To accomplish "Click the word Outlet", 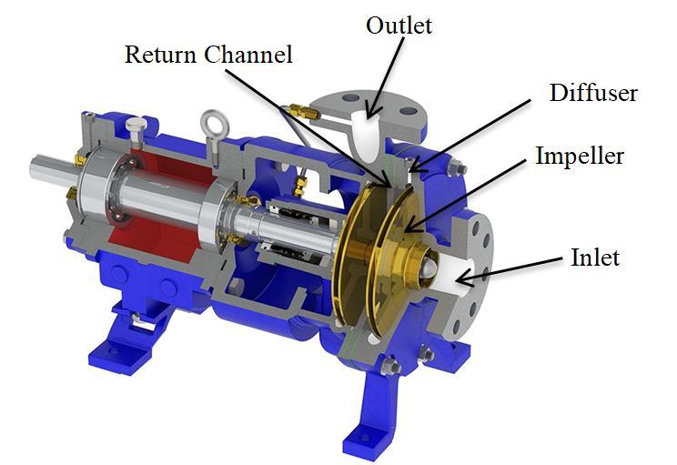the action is click(x=399, y=25).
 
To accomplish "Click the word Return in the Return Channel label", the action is click(x=161, y=55).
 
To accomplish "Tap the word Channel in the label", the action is click(x=248, y=55).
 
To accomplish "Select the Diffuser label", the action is click(x=593, y=93).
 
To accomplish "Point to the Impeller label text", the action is click(x=580, y=156).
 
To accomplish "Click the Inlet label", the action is click(x=595, y=258).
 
